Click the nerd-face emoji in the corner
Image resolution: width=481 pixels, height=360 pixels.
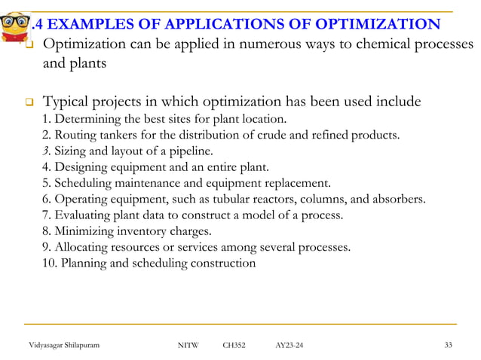coord(16,21)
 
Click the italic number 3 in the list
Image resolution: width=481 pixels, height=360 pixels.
coord(46,151)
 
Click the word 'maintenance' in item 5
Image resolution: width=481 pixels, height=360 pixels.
coord(139,183)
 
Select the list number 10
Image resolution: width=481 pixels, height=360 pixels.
coord(49,264)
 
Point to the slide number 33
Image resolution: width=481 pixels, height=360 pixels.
coord(450,345)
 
